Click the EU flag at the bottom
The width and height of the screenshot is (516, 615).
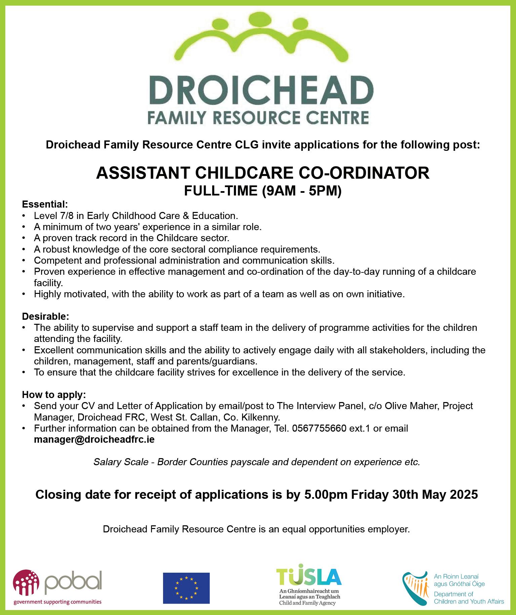(x=186, y=588)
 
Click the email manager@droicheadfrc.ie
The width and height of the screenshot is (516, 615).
(x=94, y=440)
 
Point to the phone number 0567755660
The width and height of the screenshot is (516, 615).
(x=319, y=429)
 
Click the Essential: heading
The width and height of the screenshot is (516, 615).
(x=45, y=204)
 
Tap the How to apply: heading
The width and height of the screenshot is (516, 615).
(x=54, y=394)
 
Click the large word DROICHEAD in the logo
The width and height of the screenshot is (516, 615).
(x=261, y=91)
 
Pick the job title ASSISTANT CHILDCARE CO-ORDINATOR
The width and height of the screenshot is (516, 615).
(x=263, y=173)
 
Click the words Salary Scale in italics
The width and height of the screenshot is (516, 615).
(x=121, y=462)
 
